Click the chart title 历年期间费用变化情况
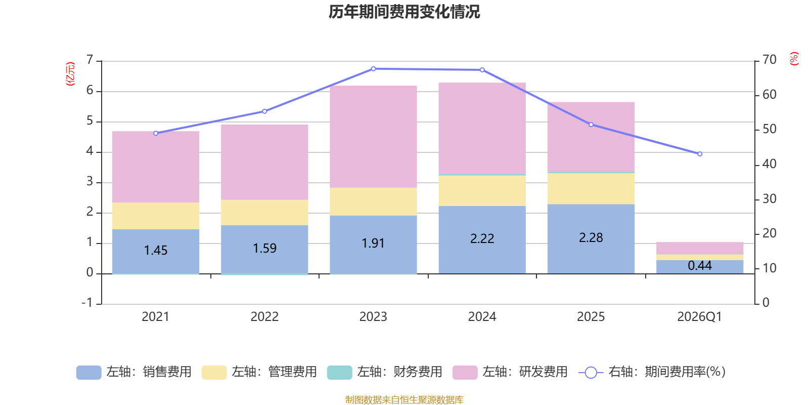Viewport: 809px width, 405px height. [404, 12]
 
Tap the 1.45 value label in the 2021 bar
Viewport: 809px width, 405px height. [156, 250]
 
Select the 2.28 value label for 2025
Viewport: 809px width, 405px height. [591, 237]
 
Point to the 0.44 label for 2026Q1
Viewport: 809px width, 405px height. [700, 265]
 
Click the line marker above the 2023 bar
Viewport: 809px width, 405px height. [373, 68]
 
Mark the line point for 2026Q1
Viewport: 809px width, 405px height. [700, 154]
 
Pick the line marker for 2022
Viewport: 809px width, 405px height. [264, 111]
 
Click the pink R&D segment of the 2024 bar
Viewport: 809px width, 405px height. [482, 128]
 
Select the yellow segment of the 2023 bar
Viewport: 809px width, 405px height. [373, 201]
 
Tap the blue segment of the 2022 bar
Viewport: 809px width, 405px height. [264, 249]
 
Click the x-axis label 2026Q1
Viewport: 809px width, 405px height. [700, 317]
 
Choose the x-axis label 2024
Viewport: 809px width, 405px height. [482, 317]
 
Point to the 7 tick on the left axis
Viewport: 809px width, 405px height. [90, 60]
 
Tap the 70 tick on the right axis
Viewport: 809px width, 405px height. [769, 60]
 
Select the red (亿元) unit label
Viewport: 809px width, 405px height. [70, 74]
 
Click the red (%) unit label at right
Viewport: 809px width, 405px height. [794, 59]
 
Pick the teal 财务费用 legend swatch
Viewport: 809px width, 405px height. [339, 373]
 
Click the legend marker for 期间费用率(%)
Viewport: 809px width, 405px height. [591, 373]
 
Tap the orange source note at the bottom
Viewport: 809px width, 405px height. [404, 400]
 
